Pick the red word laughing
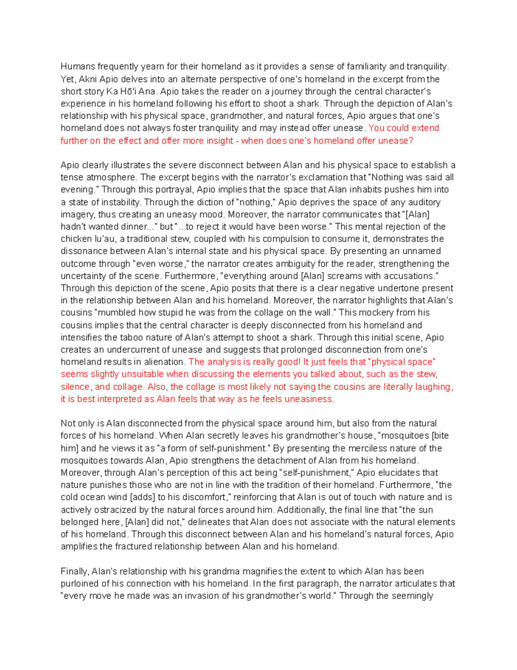[x=433, y=387]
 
